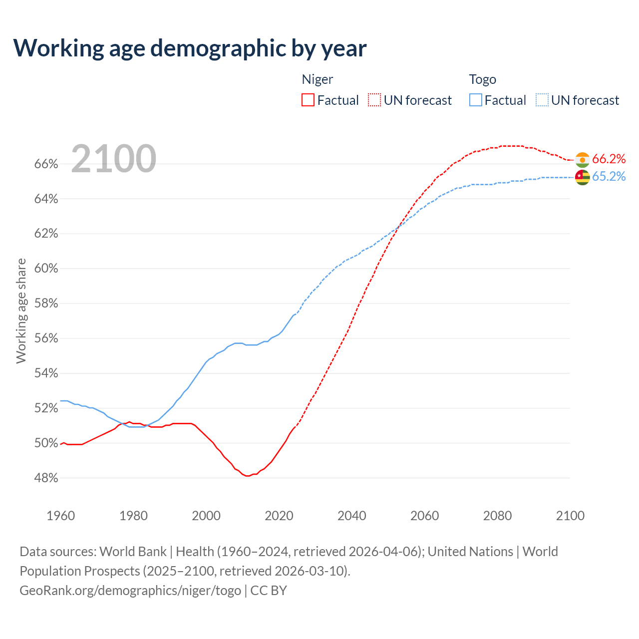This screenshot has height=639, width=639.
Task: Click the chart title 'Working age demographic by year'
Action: pyautogui.click(x=190, y=48)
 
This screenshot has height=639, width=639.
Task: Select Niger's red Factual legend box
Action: pyautogui.click(x=308, y=100)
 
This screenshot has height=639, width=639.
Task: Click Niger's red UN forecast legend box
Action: pyautogui.click(x=374, y=100)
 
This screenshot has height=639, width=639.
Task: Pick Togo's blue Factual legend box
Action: pyautogui.click(x=476, y=100)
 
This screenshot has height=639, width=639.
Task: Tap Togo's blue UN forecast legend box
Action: pyautogui.click(x=542, y=100)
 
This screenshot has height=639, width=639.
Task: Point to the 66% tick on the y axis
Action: pyautogui.click(x=46, y=164)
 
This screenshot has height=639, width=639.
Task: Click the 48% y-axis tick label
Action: pyautogui.click(x=46, y=478)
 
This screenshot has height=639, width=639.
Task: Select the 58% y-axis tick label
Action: pyautogui.click(x=46, y=304)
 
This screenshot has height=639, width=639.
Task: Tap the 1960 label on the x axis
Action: pyautogui.click(x=60, y=516)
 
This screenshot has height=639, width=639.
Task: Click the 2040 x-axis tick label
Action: pyautogui.click(x=352, y=516)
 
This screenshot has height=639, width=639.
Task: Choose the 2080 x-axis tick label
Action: pyautogui.click(x=497, y=516)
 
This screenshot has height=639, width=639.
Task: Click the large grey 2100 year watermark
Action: pyautogui.click(x=114, y=159)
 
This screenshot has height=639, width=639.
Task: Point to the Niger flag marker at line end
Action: pyautogui.click(x=582, y=160)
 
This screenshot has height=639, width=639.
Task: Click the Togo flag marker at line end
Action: pyautogui.click(x=582, y=177)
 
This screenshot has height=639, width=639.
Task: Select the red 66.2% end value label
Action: pyautogui.click(x=609, y=159)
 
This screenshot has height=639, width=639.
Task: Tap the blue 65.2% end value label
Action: pyautogui.click(x=609, y=177)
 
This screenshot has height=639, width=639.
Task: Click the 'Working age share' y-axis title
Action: pyautogui.click(x=21, y=311)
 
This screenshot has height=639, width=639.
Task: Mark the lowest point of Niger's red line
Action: pyautogui.click(x=248, y=476)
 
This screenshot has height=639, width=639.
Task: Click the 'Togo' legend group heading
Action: pyautogui.click(x=482, y=79)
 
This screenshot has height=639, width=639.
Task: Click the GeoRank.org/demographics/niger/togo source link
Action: pyautogui.click(x=130, y=591)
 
